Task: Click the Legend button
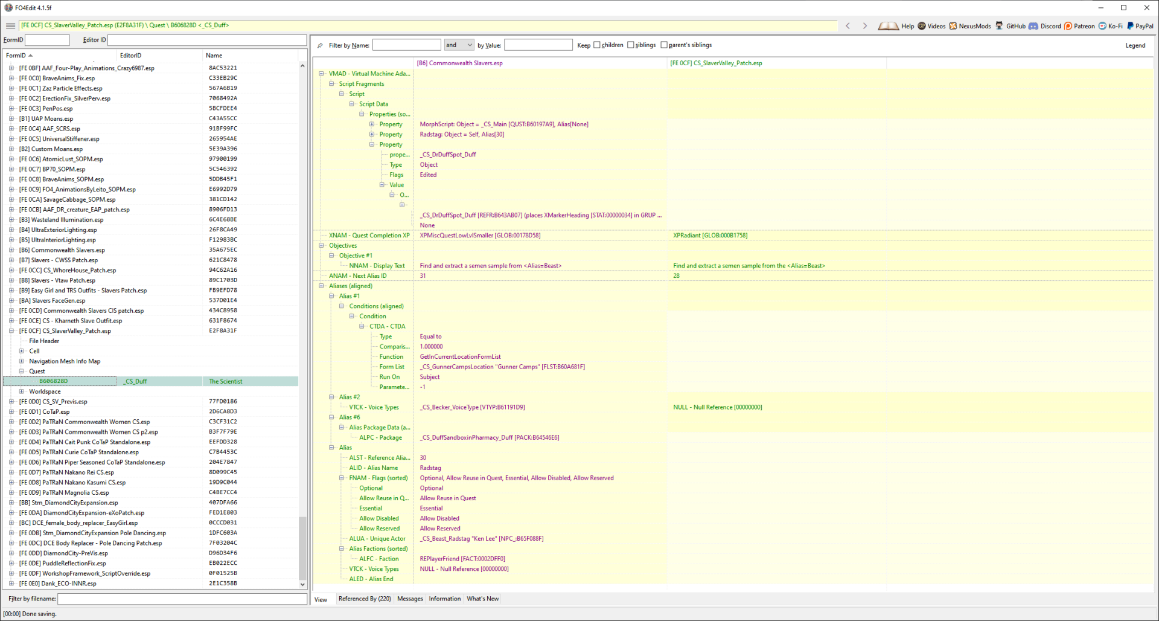click(1135, 45)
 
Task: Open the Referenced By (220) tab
click(365, 599)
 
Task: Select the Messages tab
click(410, 599)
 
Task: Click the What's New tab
click(482, 599)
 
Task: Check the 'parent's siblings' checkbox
click(664, 45)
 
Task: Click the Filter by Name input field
click(406, 45)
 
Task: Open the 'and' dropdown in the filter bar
click(459, 45)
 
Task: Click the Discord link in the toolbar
click(1045, 26)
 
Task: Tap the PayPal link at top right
click(1140, 26)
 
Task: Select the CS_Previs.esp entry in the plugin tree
click(65, 402)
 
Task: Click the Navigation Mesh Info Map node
click(65, 361)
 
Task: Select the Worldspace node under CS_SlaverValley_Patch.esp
click(45, 391)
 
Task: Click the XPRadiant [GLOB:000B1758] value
click(710, 236)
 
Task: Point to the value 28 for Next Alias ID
click(676, 276)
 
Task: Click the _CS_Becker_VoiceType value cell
click(472, 407)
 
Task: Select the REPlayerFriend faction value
click(462, 559)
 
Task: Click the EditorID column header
click(130, 56)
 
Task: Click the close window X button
click(1146, 8)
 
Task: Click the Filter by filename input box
click(182, 599)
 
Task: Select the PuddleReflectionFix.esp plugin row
click(62, 564)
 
